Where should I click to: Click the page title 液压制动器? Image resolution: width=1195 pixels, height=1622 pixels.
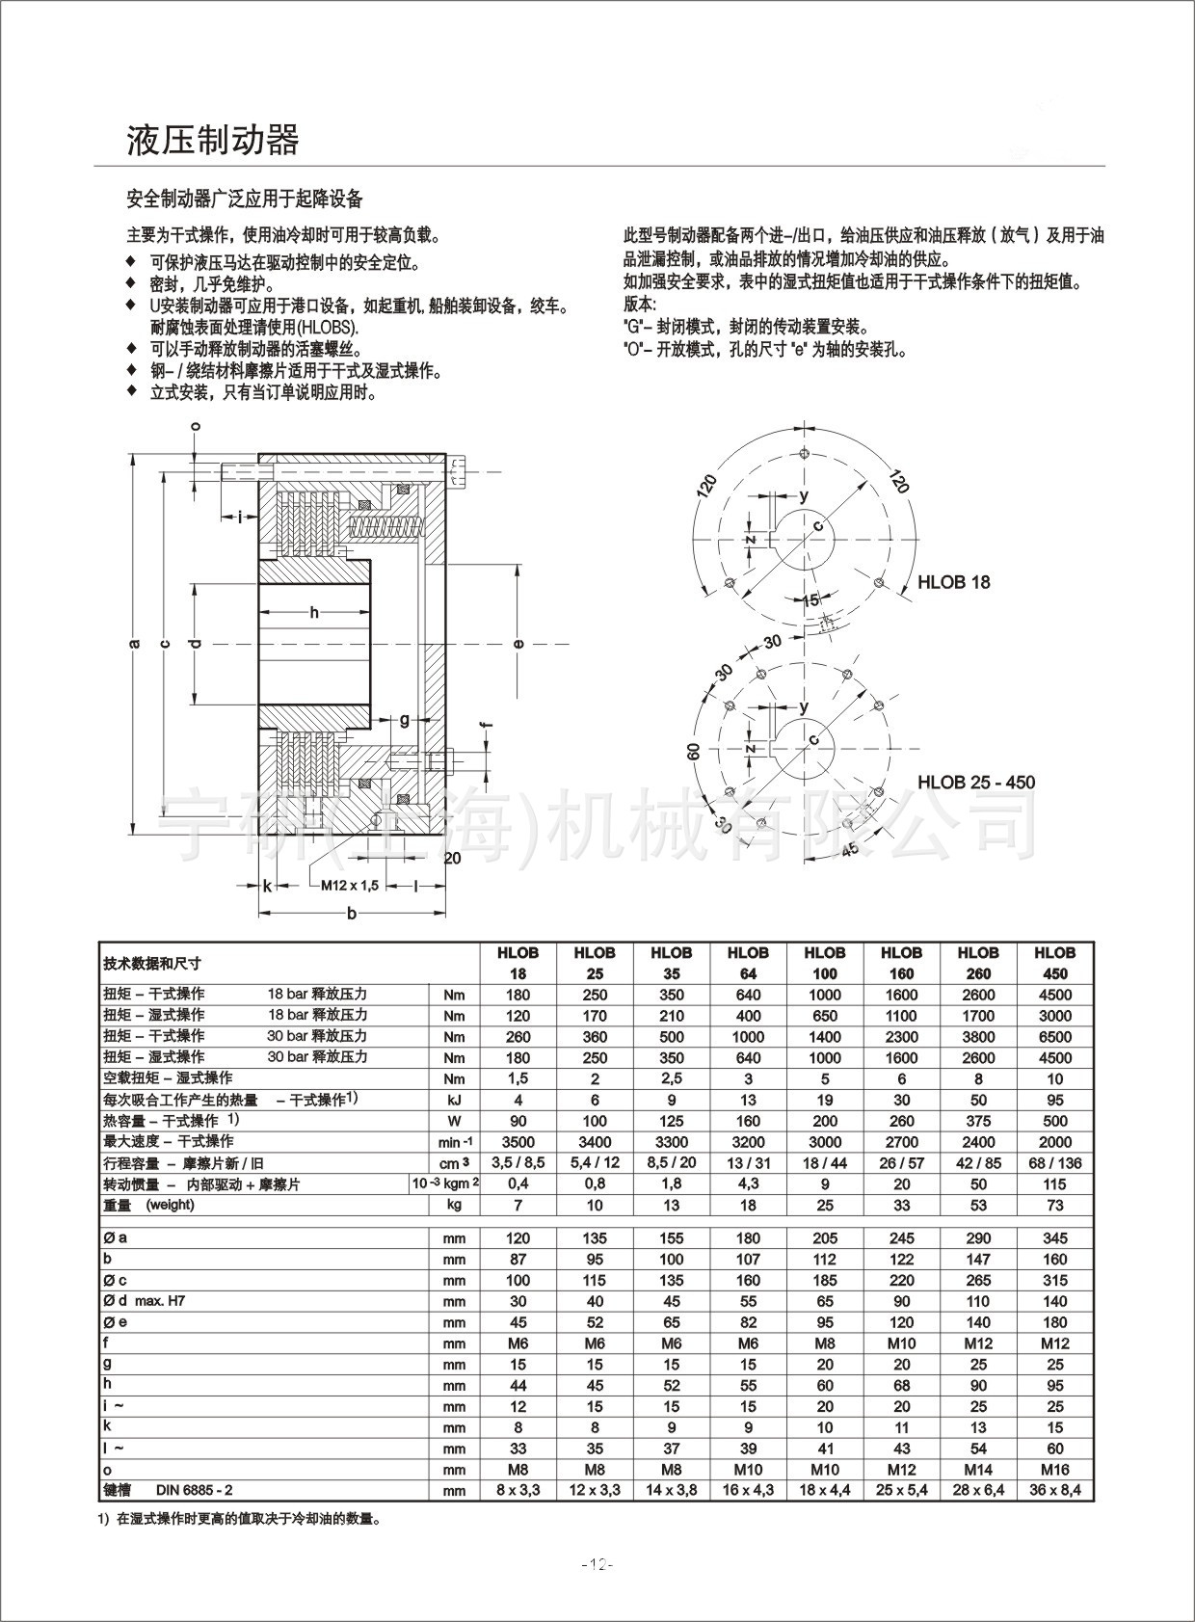pos(213,141)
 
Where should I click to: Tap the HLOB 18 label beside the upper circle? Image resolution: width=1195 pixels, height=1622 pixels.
pos(953,582)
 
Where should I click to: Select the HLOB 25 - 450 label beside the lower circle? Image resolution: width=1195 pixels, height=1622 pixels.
pos(975,782)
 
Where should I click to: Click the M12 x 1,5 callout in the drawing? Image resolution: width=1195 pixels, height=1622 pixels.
pos(350,885)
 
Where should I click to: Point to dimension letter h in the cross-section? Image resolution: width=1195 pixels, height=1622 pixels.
pos(314,612)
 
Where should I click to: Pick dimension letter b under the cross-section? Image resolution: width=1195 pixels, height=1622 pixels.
pos(352,914)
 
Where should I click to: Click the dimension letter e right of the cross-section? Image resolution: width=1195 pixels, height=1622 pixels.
pos(518,644)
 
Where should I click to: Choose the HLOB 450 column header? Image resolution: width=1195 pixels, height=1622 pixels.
pos(1054,963)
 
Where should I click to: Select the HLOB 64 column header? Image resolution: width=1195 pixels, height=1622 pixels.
pos(748,963)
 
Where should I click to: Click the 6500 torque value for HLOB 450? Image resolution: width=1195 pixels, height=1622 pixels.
pos(1054,1037)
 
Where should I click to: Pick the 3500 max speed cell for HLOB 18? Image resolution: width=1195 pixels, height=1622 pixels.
pos(518,1142)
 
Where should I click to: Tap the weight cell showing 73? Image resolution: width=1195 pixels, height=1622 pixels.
pos(1054,1206)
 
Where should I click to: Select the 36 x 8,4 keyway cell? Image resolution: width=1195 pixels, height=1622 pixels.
pos(1054,1490)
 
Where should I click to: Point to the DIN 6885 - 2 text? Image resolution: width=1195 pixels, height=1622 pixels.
pos(194,1490)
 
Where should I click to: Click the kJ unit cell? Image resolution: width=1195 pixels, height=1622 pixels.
pos(454,1101)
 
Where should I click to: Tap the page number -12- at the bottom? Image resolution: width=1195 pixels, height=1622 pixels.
pos(597,1564)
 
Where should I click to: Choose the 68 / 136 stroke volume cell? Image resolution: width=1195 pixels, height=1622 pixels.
pos(1054,1163)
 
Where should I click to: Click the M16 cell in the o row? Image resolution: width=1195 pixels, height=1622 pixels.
pos(1054,1470)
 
